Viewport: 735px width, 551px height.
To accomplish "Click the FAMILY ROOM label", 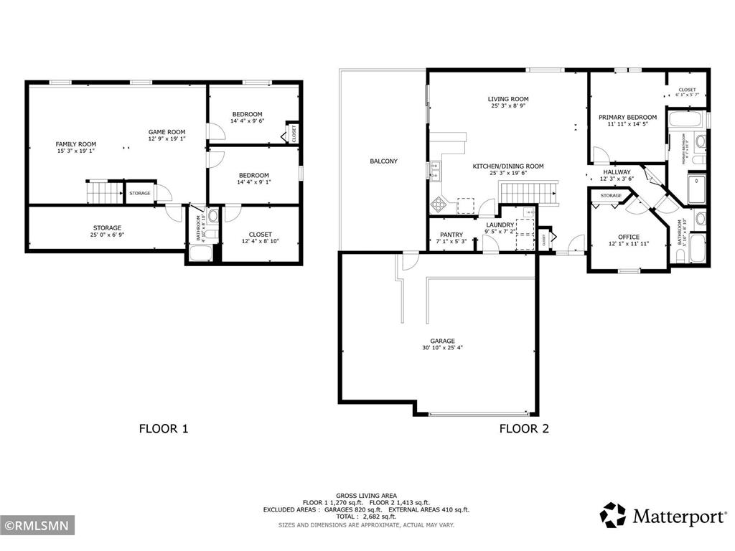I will click(x=75, y=144).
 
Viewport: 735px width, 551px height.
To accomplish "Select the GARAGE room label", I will click(x=442, y=341).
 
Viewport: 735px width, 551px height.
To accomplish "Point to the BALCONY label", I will click(x=383, y=161).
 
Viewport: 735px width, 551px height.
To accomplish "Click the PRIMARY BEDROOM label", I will click(x=627, y=118).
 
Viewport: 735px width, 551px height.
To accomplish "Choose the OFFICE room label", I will click(x=629, y=237).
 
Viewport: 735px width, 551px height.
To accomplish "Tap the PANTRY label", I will click(x=451, y=235).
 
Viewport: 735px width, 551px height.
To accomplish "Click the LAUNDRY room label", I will click(x=500, y=225).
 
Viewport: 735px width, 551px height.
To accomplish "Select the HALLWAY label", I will click(x=616, y=172).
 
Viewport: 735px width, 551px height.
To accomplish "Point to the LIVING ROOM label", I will click(x=508, y=99).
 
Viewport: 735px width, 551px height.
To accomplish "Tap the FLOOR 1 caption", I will click(x=163, y=429).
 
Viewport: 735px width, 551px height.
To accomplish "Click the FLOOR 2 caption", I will click(x=524, y=429).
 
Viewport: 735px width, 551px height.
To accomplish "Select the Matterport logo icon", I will click(x=613, y=515).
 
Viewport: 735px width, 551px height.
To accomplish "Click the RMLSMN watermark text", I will click(x=37, y=527).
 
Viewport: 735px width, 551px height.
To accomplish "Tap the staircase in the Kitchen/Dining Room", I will click(x=528, y=193).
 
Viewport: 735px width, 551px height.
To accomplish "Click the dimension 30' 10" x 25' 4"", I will click(x=442, y=349).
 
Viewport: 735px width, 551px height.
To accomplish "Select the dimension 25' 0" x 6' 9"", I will click(x=106, y=235).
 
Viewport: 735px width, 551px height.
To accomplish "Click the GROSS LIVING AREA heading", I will click(x=366, y=495).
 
